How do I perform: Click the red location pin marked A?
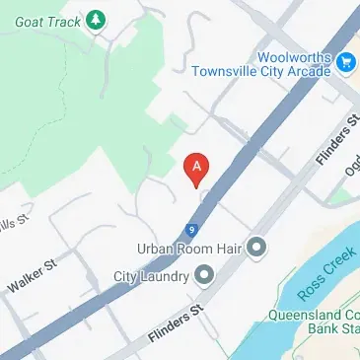197,168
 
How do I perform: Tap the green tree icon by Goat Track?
95,19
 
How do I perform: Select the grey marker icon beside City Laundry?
204,275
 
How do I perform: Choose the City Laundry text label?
151,275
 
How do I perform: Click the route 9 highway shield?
189,229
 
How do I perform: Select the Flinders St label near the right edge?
334,144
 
